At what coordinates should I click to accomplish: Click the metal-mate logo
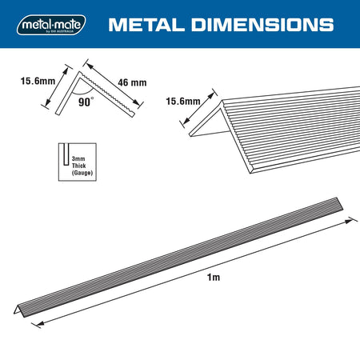click(51, 25)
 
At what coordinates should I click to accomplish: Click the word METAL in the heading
click(146, 25)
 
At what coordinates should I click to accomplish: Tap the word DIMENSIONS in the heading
click(262, 25)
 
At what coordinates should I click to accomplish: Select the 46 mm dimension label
click(132, 82)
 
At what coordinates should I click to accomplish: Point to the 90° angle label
click(86, 102)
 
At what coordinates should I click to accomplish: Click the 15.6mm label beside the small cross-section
click(38, 81)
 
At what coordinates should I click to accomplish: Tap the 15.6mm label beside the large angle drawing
click(183, 102)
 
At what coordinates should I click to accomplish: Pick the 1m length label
click(214, 278)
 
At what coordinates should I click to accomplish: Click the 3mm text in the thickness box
click(78, 159)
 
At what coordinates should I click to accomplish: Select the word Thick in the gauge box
click(78, 166)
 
